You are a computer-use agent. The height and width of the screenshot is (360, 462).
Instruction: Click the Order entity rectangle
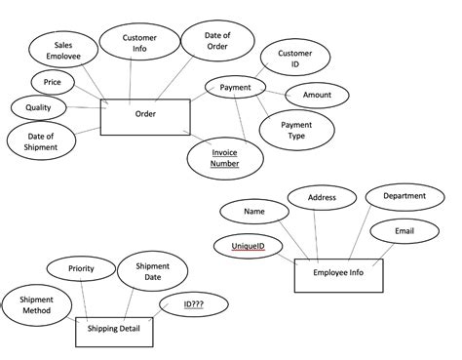click(145, 115)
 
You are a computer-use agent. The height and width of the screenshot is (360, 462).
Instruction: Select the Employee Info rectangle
click(338, 274)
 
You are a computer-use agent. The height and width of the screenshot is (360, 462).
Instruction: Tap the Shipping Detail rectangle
click(114, 329)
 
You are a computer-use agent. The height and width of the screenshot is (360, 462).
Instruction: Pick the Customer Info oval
click(139, 45)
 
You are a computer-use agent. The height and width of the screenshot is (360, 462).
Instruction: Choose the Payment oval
click(236, 88)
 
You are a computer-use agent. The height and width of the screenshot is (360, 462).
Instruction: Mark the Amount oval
click(317, 96)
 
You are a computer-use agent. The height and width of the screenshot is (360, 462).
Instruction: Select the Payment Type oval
click(296, 131)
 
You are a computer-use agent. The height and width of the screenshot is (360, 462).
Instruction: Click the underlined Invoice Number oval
click(224, 157)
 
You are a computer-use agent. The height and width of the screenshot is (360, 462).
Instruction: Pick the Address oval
click(322, 198)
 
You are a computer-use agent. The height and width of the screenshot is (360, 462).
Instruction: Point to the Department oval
click(404, 196)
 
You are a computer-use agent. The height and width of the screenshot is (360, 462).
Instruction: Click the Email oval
click(404, 231)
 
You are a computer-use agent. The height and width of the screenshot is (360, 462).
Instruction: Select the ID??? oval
click(193, 304)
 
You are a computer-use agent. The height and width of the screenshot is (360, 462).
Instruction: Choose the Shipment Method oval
click(37, 304)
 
